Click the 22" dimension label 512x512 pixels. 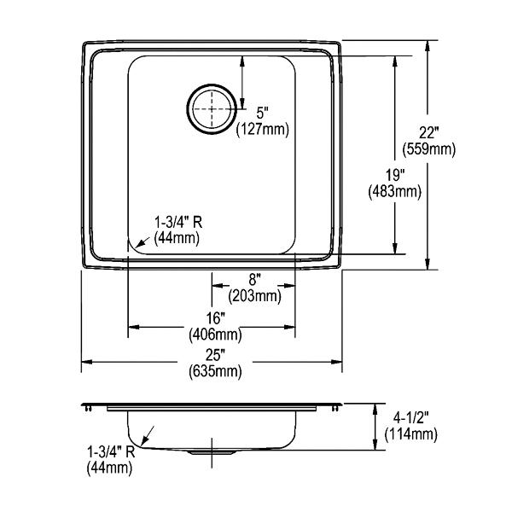coord(428,133)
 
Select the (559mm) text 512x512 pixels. coord(428,150)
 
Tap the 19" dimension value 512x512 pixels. coord(395,175)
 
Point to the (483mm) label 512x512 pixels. coord(395,192)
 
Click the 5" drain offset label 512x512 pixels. coord(262,113)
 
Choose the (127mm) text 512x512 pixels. coord(263,130)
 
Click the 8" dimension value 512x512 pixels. coord(254,280)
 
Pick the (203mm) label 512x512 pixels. coord(254,296)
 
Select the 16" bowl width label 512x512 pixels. coord(216,318)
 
